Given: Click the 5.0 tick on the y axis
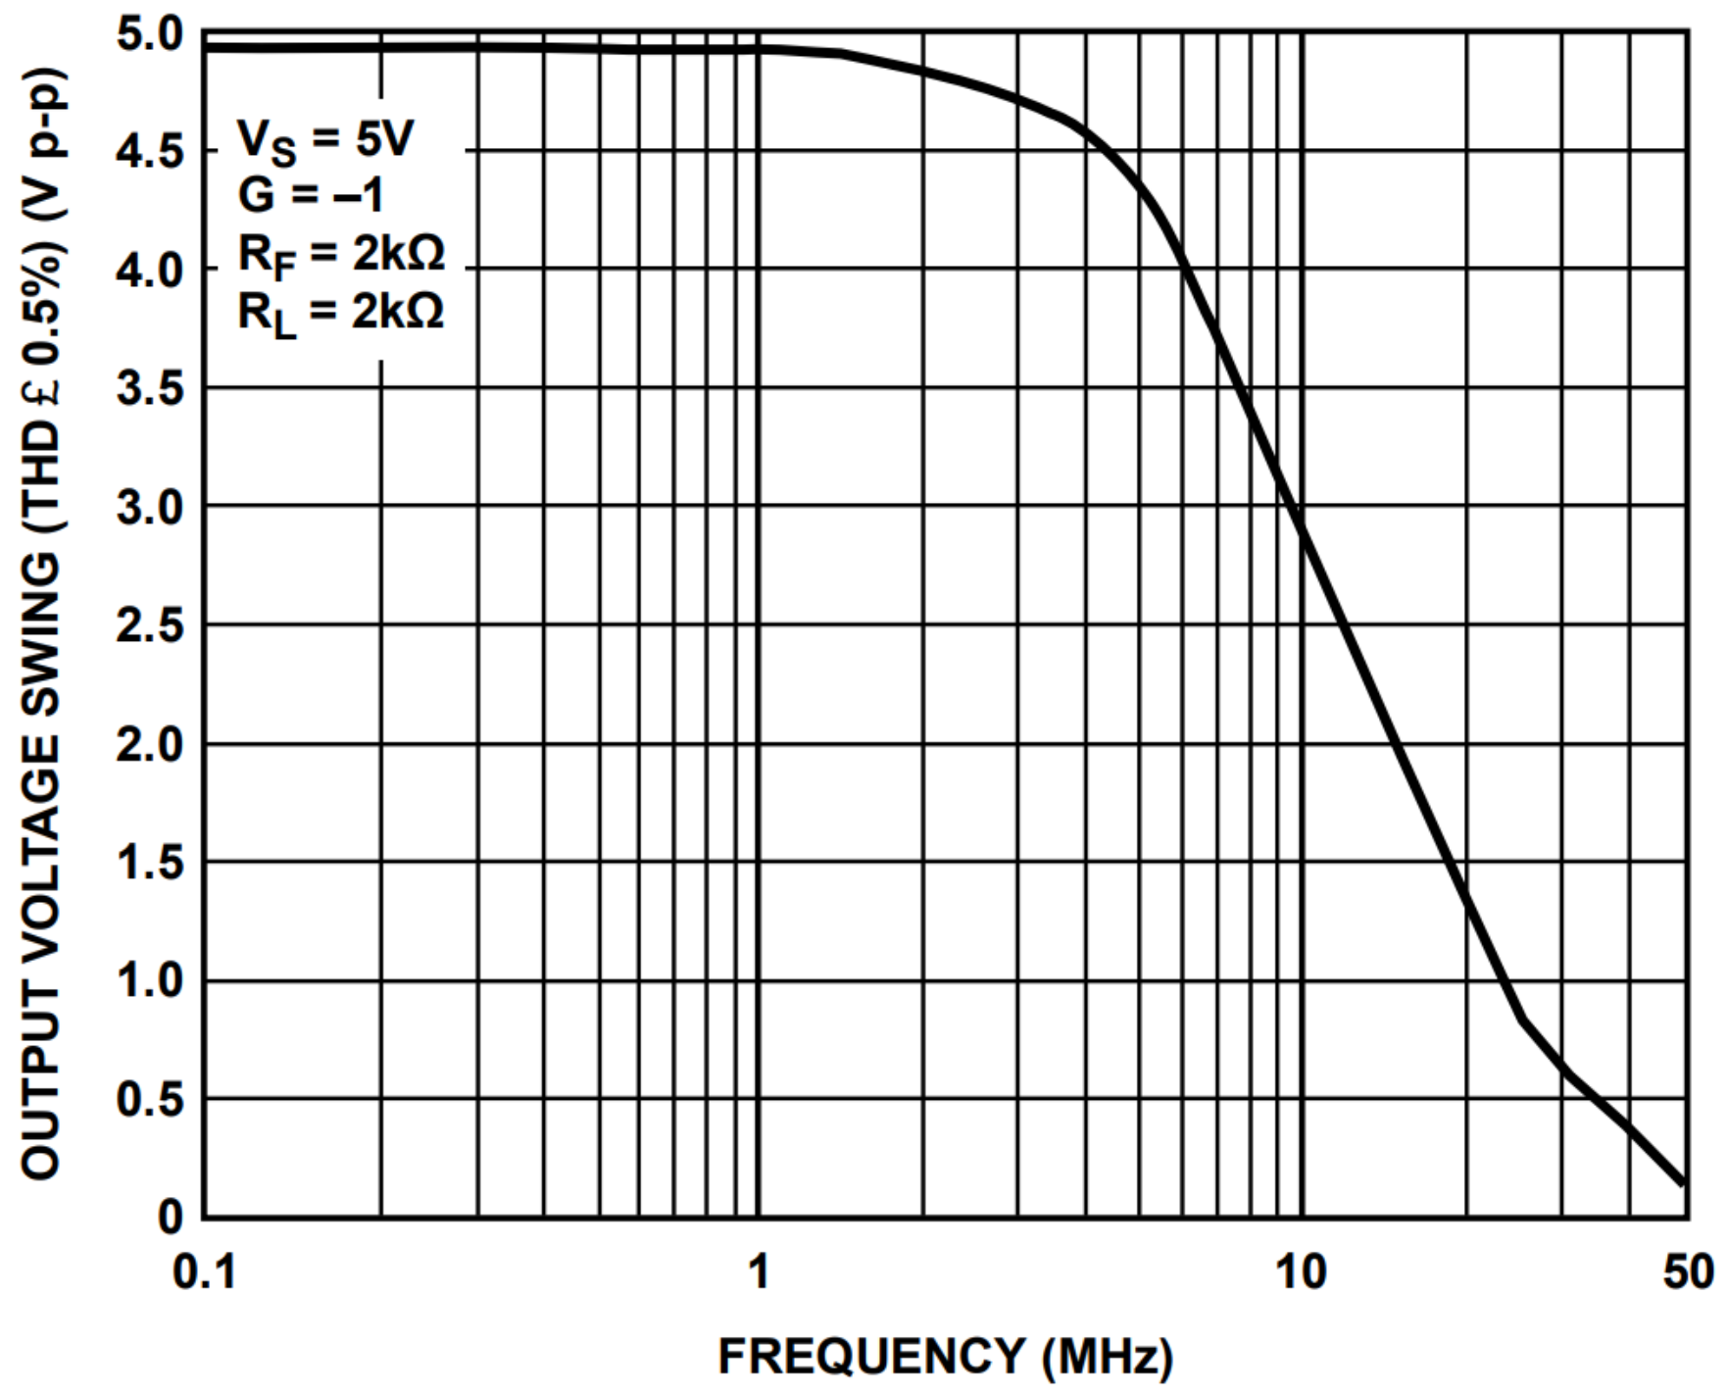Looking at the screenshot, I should click(150, 35).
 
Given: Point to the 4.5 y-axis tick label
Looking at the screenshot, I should click(150, 153).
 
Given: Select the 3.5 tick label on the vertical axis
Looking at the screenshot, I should click(150, 389).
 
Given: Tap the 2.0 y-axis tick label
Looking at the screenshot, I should click(150, 745).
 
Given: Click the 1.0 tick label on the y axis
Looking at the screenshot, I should click(150, 980).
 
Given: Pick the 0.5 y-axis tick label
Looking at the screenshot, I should click(150, 1100).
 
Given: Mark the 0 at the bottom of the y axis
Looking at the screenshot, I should click(171, 1218).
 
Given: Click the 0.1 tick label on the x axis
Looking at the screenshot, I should click(204, 1272).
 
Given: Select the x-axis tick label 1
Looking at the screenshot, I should click(758, 1272).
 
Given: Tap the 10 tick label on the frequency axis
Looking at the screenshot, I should click(1301, 1272).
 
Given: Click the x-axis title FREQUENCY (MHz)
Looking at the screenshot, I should click(945, 1358).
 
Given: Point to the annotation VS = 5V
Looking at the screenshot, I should click(324, 139).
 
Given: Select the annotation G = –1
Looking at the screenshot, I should click(310, 195).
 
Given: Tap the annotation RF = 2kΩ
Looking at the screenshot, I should click(341, 254).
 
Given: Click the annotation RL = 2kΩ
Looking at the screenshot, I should click(341, 313).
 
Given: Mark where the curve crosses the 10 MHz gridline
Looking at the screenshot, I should click(1302, 526).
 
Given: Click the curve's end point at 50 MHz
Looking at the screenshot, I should click(1683, 1182).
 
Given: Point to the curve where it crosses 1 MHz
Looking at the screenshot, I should click(759, 48).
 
